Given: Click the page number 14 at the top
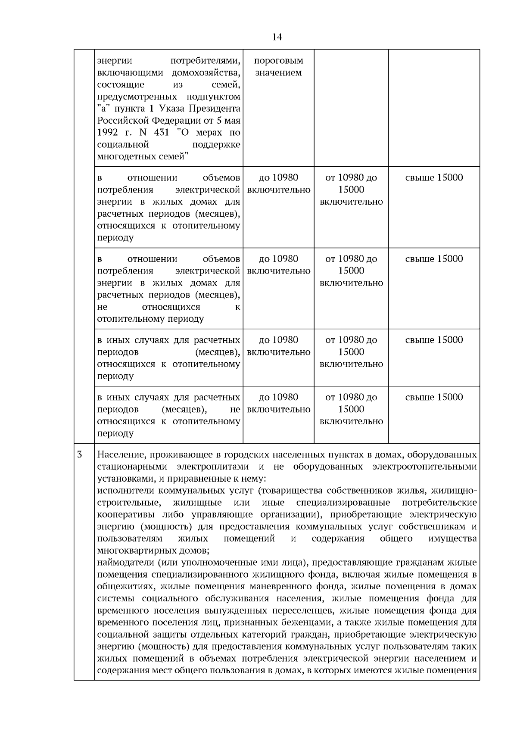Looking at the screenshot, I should point(277,37).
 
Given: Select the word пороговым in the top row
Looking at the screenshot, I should point(278,61).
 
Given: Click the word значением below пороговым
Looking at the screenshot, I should point(278,73).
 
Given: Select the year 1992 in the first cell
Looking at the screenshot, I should point(108,133).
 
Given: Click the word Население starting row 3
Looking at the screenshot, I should point(119,455).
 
